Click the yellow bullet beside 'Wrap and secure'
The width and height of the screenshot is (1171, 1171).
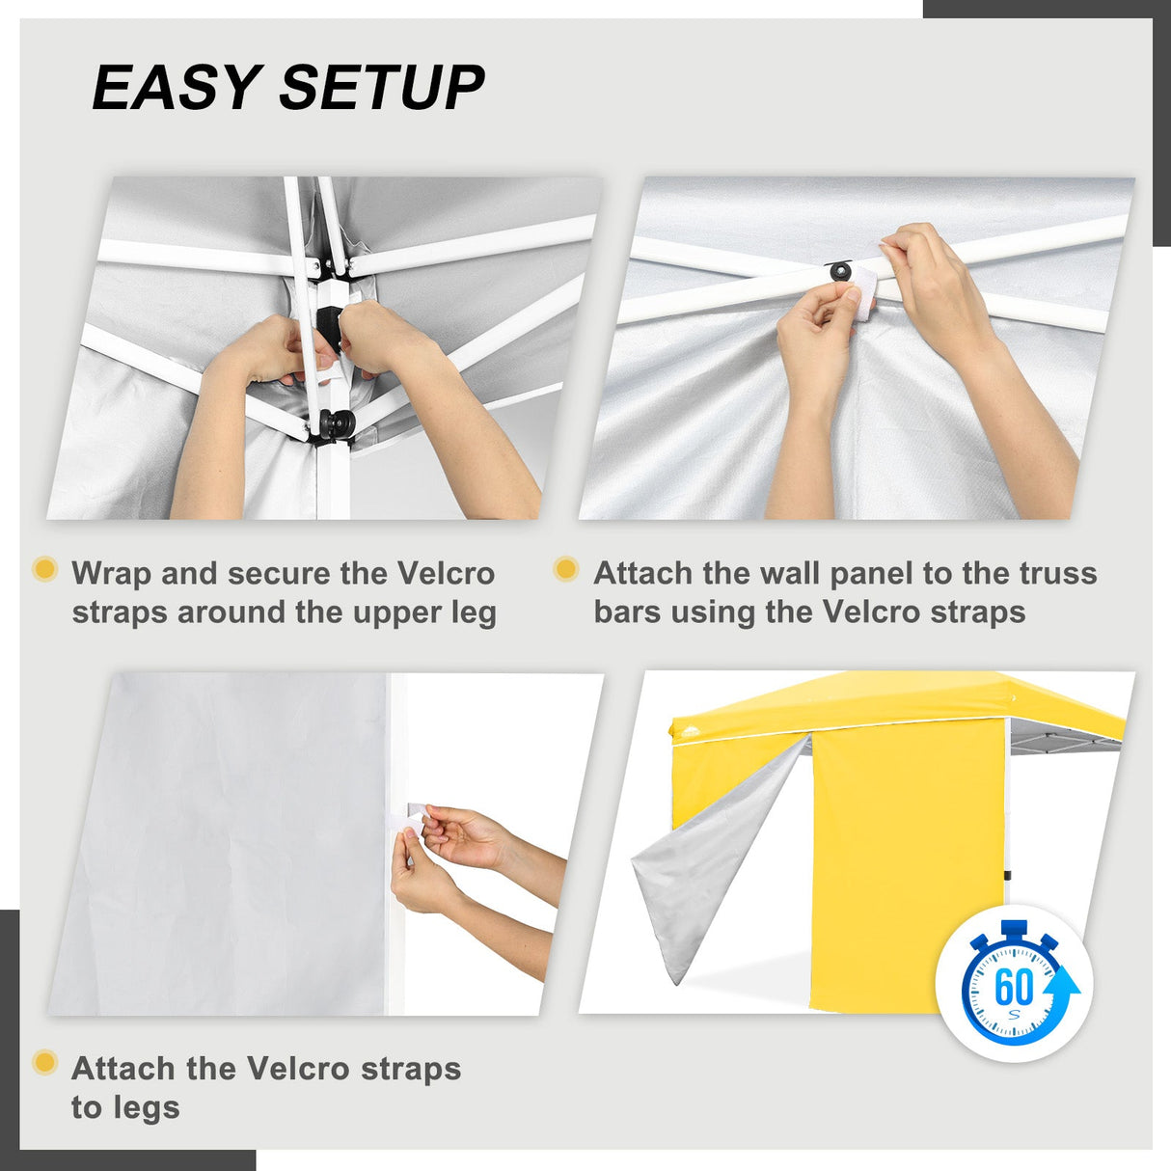(x=45, y=569)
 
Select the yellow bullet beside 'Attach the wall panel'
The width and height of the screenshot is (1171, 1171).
(x=566, y=569)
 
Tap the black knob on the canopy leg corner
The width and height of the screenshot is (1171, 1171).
(x=337, y=422)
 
